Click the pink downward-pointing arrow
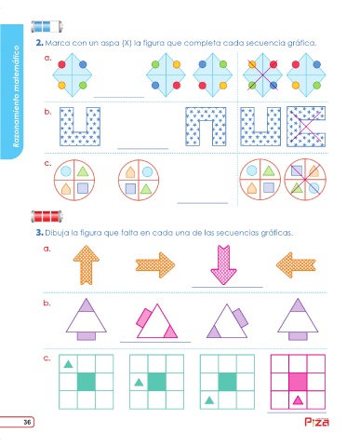pyautogui.click(x=223, y=264)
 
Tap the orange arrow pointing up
pyautogui.click(x=87, y=264)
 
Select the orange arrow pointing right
pyautogui.click(x=155, y=265)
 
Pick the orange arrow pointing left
pyautogui.click(x=296, y=264)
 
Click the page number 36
pyautogui.click(x=27, y=422)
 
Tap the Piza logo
pyautogui.click(x=316, y=422)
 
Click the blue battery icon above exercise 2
pyautogui.click(x=47, y=26)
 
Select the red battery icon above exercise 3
pyautogui.click(x=47, y=216)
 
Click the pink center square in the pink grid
pyautogui.click(x=298, y=382)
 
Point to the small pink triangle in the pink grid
pyautogui.click(x=298, y=400)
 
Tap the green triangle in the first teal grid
pyautogui.click(x=68, y=364)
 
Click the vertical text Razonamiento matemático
pyautogui.click(x=16, y=96)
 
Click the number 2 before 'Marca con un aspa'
pyautogui.click(x=39, y=43)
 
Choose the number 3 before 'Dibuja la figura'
pyautogui.click(x=39, y=233)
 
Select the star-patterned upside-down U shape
pyautogui.click(x=206, y=127)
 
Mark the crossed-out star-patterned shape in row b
pyautogui.click(x=306, y=127)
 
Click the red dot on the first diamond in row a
pyautogui.click(x=61, y=64)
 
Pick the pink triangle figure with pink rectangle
pyautogui.click(x=157, y=321)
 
